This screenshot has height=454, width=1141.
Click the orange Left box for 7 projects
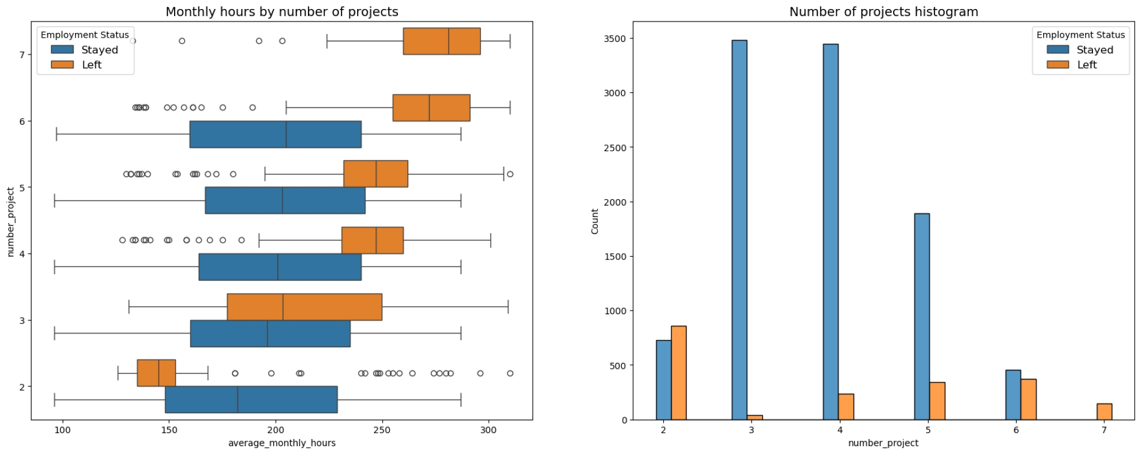click(x=441, y=41)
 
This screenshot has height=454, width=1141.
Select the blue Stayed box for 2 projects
click(x=251, y=399)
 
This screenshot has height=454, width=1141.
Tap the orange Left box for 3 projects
click(x=304, y=306)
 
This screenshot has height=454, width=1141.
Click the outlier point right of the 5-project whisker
click(x=510, y=174)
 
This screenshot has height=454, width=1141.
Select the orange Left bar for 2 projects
click(x=678, y=372)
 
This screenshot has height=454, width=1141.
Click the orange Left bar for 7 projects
click(x=1104, y=412)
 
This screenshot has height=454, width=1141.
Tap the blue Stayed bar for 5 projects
click(x=921, y=317)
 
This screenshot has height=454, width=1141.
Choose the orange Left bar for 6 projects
click(x=1028, y=399)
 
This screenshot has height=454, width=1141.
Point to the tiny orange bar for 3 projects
click(x=754, y=417)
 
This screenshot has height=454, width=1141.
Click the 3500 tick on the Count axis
click(x=615, y=38)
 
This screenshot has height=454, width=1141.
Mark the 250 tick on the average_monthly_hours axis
click(x=382, y=430)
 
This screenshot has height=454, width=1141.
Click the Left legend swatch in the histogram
click(x=1058, y=65)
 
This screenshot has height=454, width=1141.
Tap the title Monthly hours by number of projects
click(x=281, y=11)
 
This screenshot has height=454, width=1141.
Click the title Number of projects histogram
click(x=883, y=11)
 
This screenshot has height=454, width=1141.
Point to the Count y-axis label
click(x=594, y=221)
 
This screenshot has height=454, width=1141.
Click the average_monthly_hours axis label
click(x=281, y=443)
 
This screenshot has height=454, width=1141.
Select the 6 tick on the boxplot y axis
click(x=22, y=121)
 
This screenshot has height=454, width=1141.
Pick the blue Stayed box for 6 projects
click(x=275, y=134)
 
